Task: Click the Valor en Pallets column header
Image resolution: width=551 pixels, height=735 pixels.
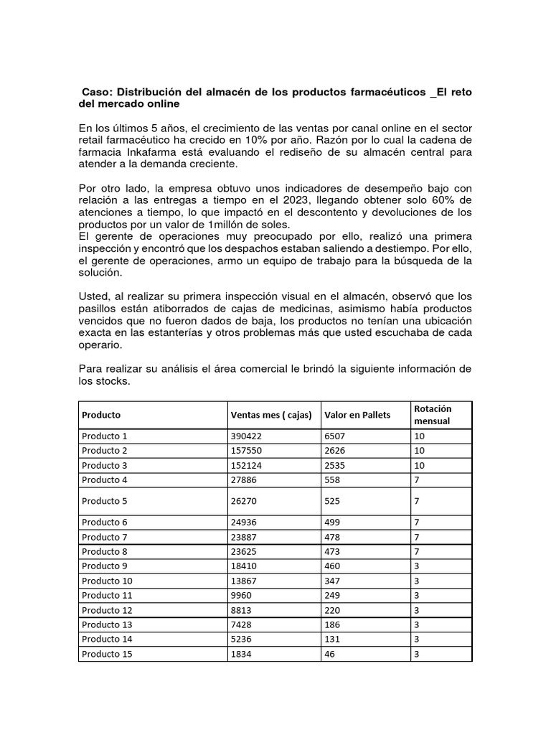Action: pyautogui.click(x=357, y=415)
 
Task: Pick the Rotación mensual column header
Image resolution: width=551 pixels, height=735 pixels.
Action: pyautogui.click(x=433, y=414)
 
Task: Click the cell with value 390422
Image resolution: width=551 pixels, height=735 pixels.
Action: pyautogui.click(x=248, y=436)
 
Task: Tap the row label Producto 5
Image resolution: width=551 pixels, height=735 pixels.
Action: pyautogui.click(x=104, y=501)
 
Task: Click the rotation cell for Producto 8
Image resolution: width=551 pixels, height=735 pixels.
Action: pyautogui.click(x=417, y=552)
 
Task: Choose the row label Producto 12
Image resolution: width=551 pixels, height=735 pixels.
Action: pyautogui.click(x=107, y=610)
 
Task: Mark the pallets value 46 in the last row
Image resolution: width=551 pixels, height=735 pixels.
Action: pyautogui.click(x=330, y=654)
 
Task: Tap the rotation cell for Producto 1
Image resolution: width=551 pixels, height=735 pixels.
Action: pyautogui.click(x=420, y=436)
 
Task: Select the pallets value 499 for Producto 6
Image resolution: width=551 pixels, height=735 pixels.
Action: pyautogui.click(x=333, y=523)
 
